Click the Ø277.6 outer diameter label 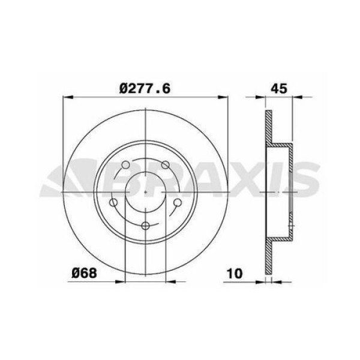coord(146,88)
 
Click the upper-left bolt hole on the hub coord(124,166)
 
